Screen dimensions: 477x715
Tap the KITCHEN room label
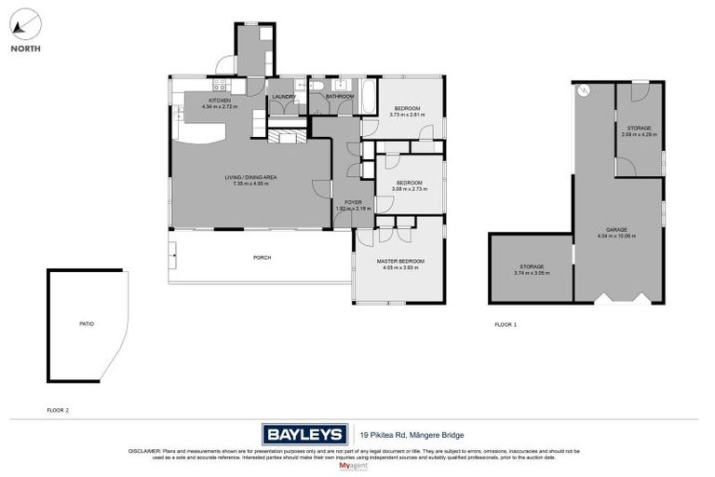[x=220, y=101]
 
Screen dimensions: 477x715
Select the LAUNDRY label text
[x=284, y=96]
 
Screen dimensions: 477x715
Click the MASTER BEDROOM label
[x=399, y=261]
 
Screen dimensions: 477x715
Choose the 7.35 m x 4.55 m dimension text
[x=250, y=184]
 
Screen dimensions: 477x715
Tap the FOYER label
[x=353, y=201]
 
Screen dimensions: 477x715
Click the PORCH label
[x=262, y=257]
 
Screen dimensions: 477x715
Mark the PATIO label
[x=86, y=323]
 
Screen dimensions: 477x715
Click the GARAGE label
[x=616, y=229]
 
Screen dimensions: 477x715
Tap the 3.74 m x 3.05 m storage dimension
[x=531, y=273]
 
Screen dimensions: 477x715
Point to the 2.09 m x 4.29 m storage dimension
[x=639, y=134]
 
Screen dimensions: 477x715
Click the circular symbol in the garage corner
[x=584, y=90]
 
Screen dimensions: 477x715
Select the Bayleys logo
[x=304, y=434]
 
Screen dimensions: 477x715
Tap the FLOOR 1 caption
[x=505, y=324]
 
